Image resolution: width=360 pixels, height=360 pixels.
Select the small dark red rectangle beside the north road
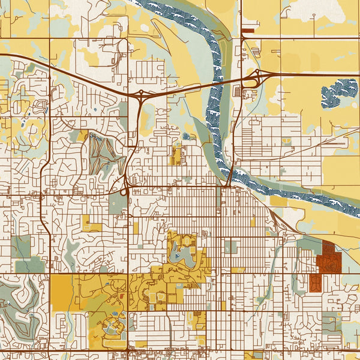[x=248, y=28]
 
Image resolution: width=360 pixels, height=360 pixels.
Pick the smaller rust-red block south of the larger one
[x=315, y=283]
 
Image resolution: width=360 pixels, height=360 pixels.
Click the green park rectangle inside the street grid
[x=231, y=247]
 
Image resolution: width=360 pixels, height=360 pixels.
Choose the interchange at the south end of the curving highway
[x=125, y=191]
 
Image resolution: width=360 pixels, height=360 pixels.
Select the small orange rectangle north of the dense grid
[x=176, y=154]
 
